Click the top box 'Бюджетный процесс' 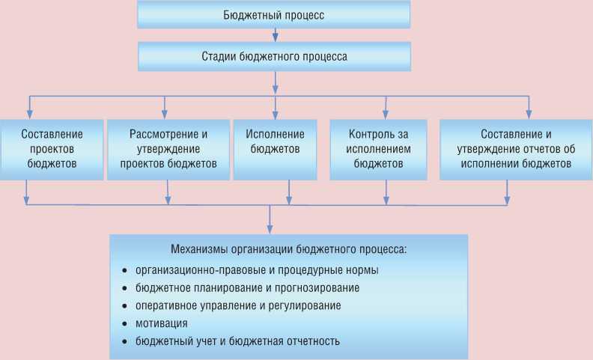pos(275,15)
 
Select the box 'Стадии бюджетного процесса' pos(275,56)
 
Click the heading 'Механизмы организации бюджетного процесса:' pos(288,249)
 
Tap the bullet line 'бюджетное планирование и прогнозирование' pos(248,287)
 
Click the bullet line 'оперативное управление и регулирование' pos(238,305)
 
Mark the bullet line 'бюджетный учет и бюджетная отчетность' pos(238,341)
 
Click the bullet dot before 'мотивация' pos(124,324)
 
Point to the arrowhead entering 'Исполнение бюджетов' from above pos(275,114)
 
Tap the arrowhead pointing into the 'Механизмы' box pos(270,230)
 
